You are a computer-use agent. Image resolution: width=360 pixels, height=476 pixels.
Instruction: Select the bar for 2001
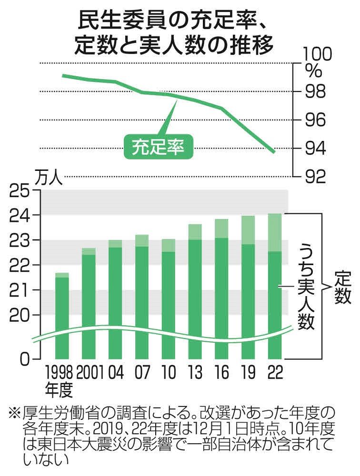click(x=89, y=305)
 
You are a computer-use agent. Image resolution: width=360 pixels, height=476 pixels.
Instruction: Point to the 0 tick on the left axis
click(x=24, y=359)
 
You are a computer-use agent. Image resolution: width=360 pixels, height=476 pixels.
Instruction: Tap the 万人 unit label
click(x=48, y=179)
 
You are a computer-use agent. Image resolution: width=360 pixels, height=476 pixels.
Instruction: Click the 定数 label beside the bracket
click(x=342, y=288)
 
